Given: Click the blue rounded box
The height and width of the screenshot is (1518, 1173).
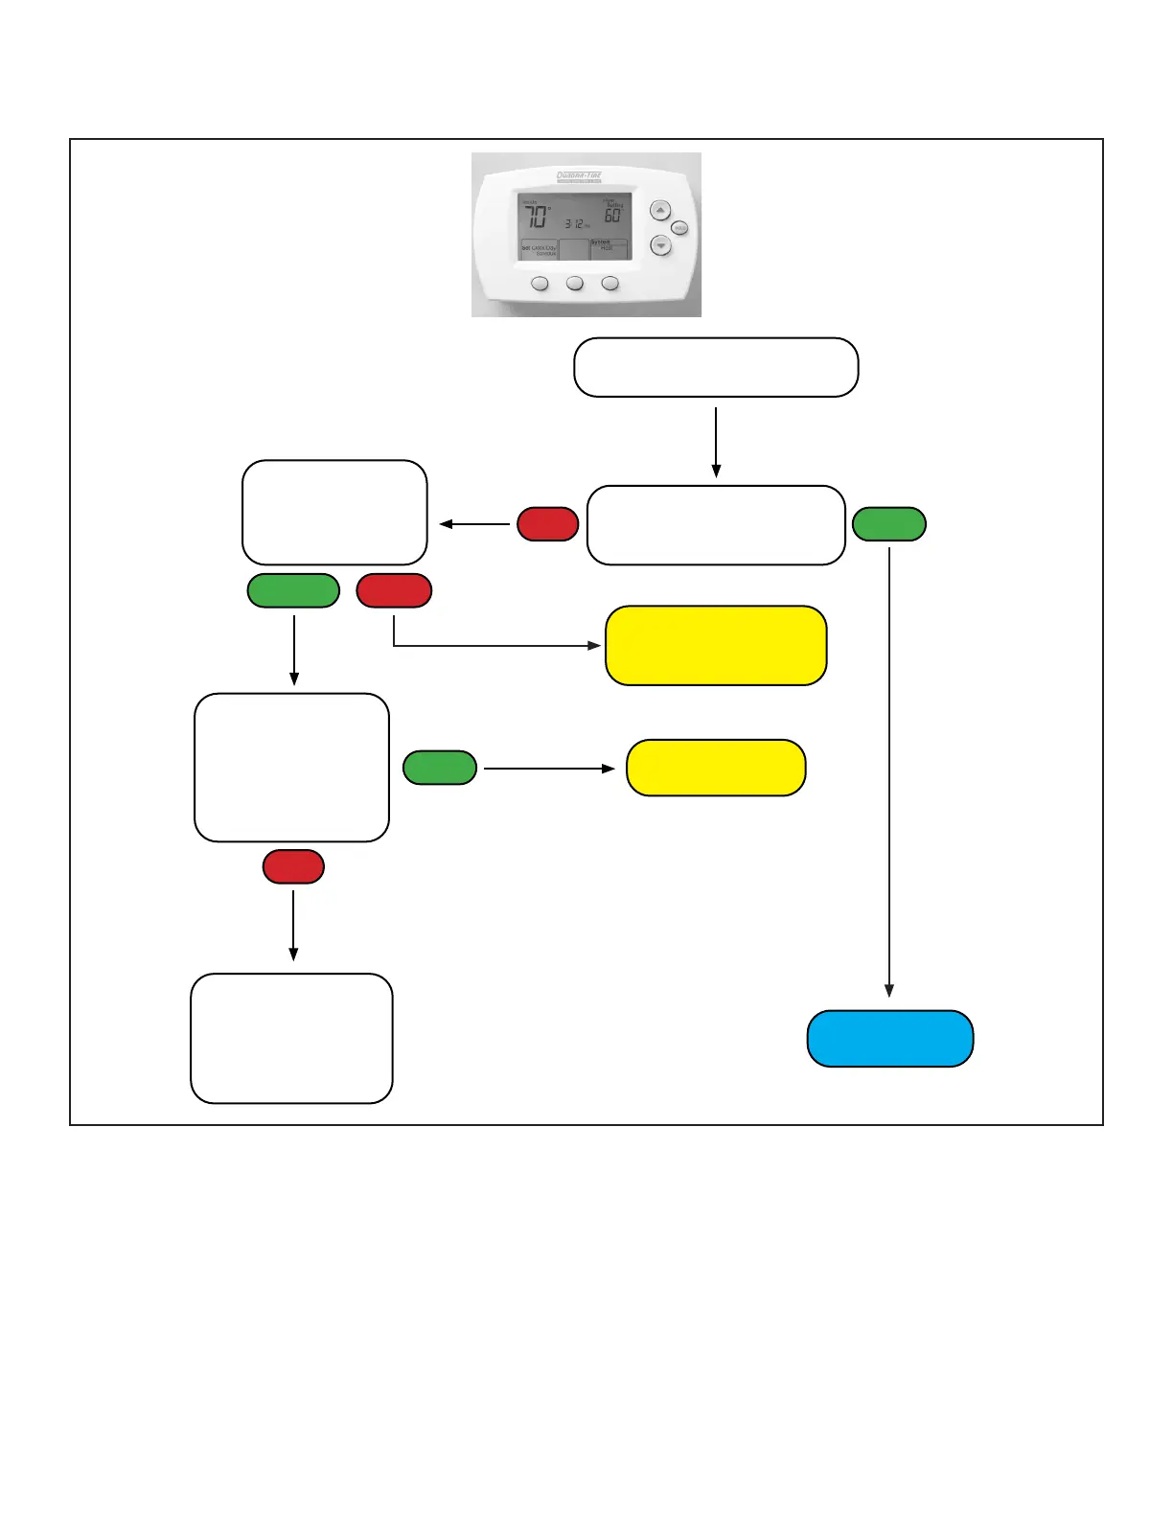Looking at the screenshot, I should (890, 1039).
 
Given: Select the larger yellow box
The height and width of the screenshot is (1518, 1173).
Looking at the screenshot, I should (716, 645).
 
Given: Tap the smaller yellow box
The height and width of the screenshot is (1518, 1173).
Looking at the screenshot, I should (716, 768).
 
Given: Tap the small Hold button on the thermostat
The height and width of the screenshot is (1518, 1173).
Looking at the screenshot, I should (679, 228).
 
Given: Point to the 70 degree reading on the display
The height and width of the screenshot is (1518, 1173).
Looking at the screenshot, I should (537, 217).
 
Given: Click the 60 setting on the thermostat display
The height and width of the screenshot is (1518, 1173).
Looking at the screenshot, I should (612, 216).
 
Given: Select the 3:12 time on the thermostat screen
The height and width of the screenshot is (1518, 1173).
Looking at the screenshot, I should (574, 223).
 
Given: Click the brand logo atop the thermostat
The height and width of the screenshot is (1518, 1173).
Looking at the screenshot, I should (579, 176).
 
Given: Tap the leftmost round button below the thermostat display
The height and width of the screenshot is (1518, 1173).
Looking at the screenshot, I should (540, 284).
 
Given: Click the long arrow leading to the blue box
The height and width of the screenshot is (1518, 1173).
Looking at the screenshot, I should (889, 767).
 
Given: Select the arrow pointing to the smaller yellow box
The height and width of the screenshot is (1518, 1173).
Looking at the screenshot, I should (548, 768).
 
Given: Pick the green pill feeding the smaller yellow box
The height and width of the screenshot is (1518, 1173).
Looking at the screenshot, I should (440, 768).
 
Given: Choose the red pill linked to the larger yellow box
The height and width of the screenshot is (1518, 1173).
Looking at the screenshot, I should (394, 590).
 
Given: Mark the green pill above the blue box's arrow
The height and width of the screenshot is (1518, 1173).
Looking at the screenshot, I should (889, 524).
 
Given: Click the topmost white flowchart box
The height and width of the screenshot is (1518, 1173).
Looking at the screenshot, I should (716, 367).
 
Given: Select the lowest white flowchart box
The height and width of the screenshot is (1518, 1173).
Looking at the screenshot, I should (291, 1038).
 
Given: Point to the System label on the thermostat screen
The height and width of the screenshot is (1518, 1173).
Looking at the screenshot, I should (600, 242).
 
